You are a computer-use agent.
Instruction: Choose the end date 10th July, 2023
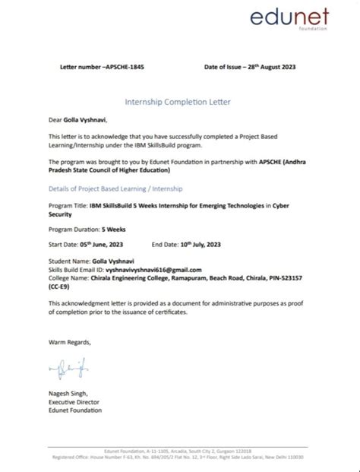[205, 244]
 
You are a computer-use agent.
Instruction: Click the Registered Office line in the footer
[180, 458]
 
